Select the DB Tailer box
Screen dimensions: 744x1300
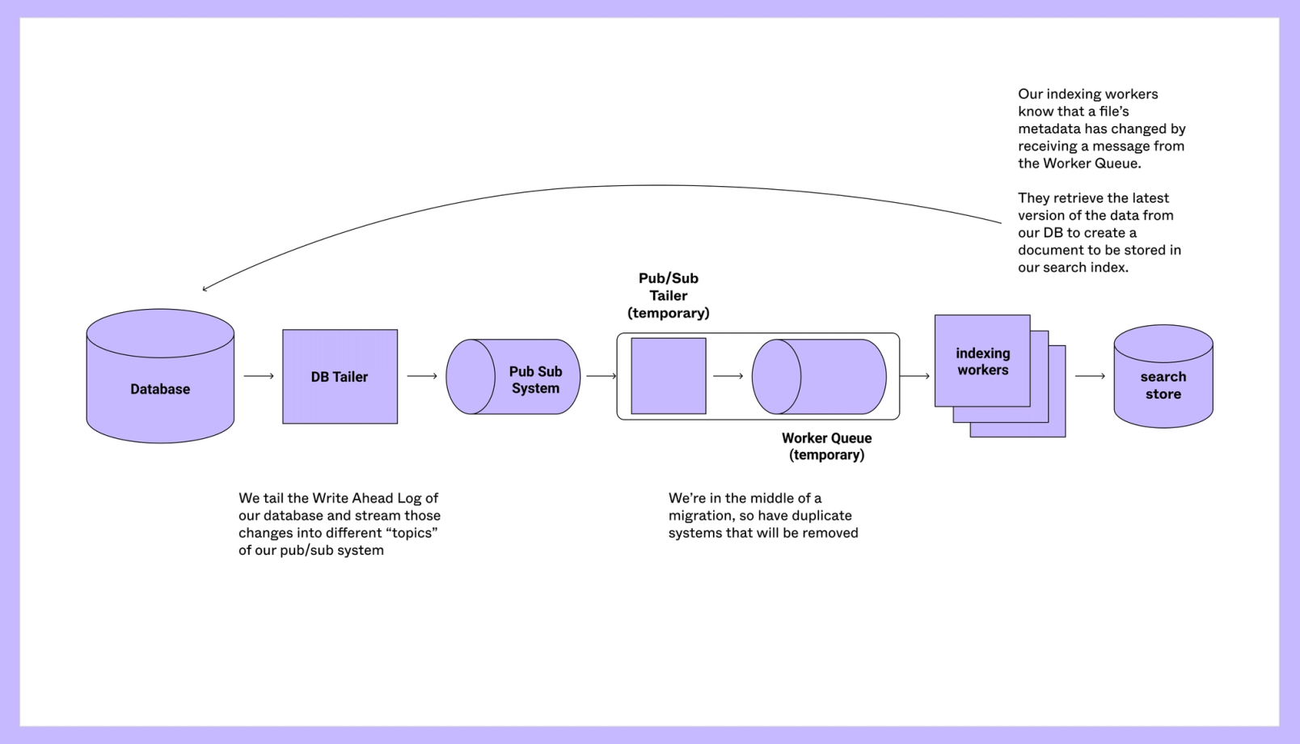tap(340, 377)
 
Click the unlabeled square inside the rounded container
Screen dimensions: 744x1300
tap(669, 376)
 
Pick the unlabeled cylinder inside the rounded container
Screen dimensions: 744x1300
tap(819, 377)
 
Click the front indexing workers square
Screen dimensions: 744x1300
tap(982, 361)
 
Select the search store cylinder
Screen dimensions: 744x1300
tap(1163, 377)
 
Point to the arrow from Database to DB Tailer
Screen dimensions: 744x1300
tap(259, 376)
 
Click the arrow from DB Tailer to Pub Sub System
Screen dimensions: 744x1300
tap(422, 376)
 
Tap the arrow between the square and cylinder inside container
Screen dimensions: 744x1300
tap(728, 376)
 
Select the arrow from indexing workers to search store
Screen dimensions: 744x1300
tap(1090, 376)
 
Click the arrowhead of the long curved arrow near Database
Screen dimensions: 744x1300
tap(205, 288)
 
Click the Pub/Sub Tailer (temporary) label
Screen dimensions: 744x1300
tap(669, 295)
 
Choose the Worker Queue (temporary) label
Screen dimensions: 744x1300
tap(826, 446)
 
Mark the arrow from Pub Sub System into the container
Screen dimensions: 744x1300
tap(601, 376)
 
